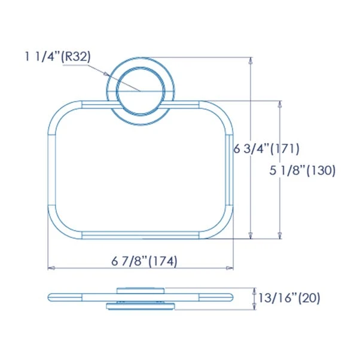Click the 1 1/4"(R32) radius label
57,56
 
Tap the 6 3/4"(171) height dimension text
266,149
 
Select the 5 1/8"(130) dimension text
303,170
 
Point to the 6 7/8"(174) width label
144,261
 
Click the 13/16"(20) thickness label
289,298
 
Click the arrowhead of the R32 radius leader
106,74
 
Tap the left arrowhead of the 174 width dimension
51,268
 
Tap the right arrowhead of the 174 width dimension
230,268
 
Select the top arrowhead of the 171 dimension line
251,60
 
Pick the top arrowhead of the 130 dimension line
280,104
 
